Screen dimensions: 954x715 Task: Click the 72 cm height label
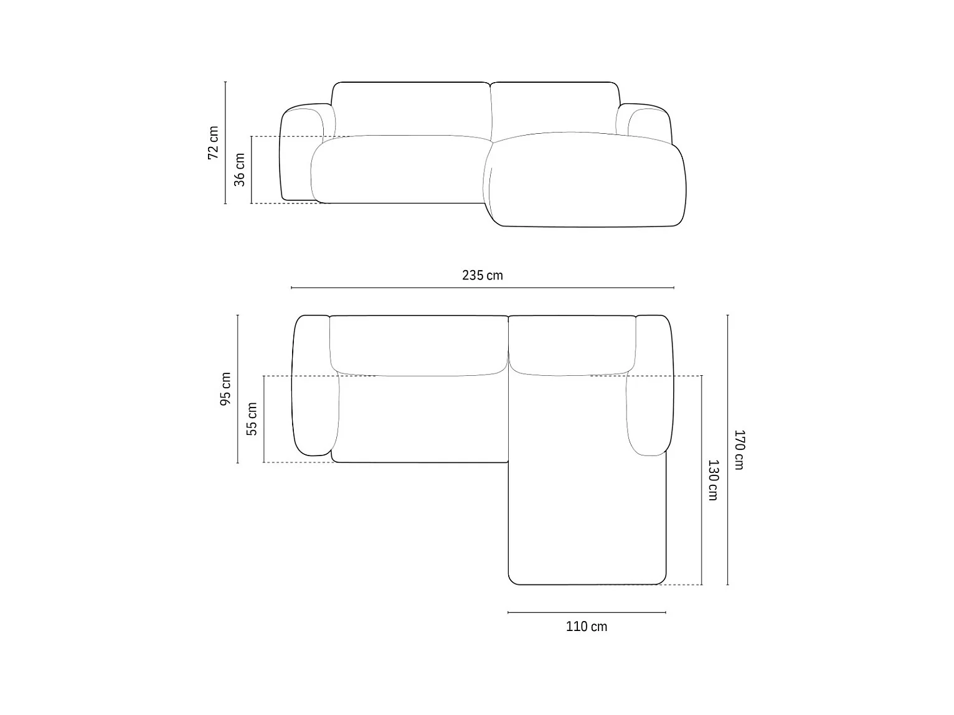[214, 143]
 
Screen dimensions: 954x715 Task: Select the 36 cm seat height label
[240, 170]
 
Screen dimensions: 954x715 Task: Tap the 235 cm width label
[483, 275]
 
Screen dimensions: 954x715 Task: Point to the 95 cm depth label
[225, 389]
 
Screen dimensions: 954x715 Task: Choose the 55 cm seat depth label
[252, 419]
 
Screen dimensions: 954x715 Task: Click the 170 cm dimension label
[739, 450]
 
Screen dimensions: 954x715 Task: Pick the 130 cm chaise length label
[713, 480]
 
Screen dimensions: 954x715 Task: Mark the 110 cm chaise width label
[587, 627]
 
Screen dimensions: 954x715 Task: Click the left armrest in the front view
[301, 152]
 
